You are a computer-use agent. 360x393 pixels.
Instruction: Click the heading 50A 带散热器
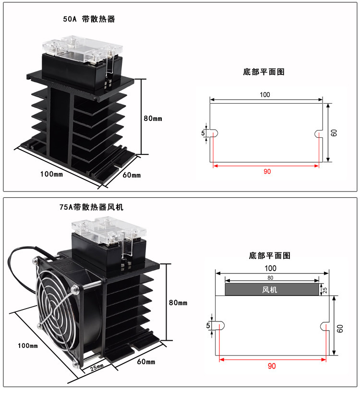coord(89,19)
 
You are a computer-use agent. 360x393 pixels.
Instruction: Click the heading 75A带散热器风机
coord(91,207)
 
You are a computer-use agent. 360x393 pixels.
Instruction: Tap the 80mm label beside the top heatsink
coord(153,119)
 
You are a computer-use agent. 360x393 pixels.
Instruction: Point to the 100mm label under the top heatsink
coord(52,174)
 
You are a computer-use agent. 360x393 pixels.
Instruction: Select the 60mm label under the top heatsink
coord(132,175)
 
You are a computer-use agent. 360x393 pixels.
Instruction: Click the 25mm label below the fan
coord(97,368)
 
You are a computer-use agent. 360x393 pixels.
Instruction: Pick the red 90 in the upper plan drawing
coord(267,171)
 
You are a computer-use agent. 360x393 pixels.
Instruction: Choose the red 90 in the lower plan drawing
coord(272,366)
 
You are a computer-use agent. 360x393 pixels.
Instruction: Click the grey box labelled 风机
coord(272,289)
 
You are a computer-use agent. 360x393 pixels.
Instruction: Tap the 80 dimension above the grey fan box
coord(270,278)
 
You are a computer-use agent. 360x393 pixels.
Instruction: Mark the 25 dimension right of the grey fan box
coord(325,290)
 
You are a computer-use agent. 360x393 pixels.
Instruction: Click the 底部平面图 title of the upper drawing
coord(264,72)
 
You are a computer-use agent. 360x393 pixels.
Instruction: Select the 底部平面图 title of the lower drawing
coord(270,255)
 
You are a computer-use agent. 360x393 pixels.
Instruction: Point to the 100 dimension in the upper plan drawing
coord(265,95)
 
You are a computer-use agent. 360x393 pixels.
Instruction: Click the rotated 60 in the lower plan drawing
coord(340,329)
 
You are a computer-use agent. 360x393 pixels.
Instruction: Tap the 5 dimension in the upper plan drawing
coord(203,133)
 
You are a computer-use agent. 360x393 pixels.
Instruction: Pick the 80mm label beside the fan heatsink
coord(178,303)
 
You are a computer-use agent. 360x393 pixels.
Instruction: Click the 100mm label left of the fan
coord(28,345)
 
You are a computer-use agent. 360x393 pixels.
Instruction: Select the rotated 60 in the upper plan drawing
coord(334,133)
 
